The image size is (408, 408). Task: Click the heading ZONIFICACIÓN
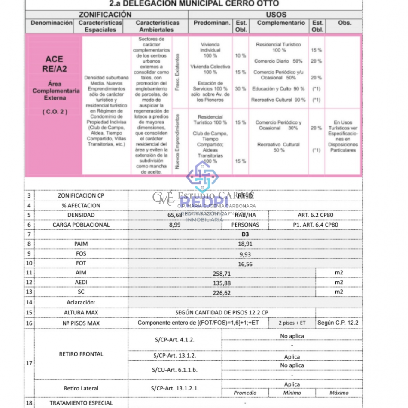point(105,15)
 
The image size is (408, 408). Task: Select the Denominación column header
point(52,23)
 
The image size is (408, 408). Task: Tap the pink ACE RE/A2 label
point(54,64)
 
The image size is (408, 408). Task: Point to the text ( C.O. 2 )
point(55,112)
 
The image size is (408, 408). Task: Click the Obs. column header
point(344,23)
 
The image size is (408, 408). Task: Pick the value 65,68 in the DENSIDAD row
point(175,215)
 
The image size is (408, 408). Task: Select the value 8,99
point(175,225)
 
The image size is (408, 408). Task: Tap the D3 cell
point(245,234)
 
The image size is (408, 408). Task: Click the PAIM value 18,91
point(245,244)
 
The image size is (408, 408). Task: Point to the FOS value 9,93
point(245,254)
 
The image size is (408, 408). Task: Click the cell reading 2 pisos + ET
point(292,323)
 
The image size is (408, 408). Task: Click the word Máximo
point(339,393)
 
